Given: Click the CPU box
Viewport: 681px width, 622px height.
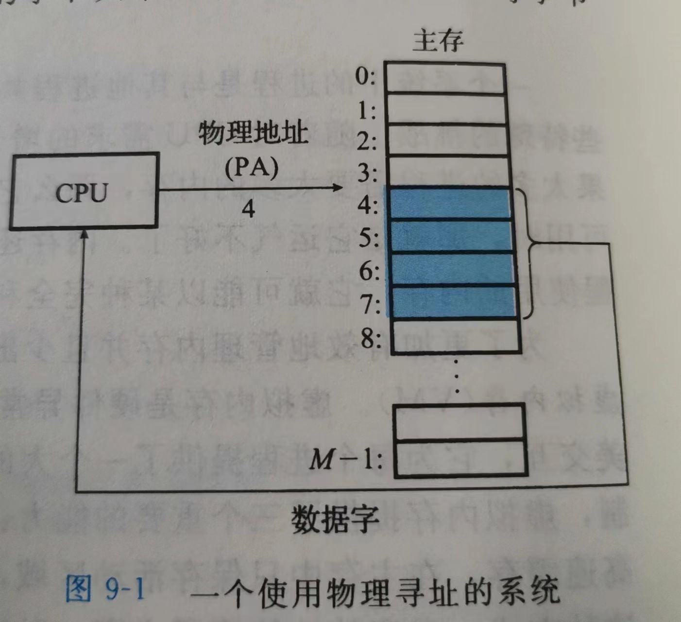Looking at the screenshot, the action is pos(84,191).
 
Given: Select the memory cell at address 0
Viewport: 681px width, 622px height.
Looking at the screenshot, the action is pos(445,77).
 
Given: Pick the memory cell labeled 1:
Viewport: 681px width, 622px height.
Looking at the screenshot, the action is pos(446,109).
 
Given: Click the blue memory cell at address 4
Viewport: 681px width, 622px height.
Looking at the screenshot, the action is pos(448,204).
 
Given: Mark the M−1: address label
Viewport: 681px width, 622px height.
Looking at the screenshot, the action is pos(345,459).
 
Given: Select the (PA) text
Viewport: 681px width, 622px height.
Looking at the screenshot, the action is pos(252,167).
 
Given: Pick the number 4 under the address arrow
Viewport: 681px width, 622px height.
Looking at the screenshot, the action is pos(248,209).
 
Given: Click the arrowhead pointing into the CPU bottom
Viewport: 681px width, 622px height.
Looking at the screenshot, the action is pos(84,234).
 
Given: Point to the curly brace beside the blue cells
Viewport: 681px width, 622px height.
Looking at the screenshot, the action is pos(531,253).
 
